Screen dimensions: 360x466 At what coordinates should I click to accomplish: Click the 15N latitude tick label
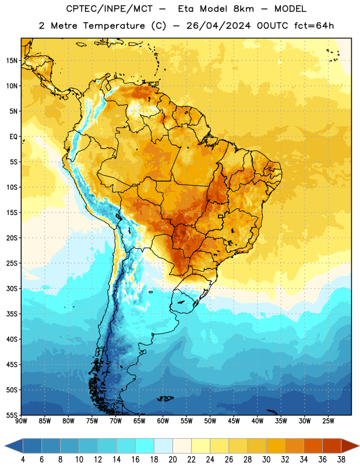coord(12,61)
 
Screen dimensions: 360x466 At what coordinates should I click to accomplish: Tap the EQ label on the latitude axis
coord(13,137)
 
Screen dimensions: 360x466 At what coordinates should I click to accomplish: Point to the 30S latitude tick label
coord(12,288)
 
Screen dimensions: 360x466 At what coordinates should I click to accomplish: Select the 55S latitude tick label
coord(12,415)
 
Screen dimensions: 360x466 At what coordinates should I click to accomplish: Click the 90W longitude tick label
coord(21,421)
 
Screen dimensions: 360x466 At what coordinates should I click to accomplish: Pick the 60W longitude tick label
coord(163,421)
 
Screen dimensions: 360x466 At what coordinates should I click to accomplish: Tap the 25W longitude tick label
coord(328,421)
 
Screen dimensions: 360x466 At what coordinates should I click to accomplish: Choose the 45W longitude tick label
coord(234,421)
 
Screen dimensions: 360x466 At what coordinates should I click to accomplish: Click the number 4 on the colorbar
coord(23,460)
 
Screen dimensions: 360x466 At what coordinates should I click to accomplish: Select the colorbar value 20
coord(172,460)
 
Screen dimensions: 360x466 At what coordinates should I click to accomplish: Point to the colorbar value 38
coord(341,460)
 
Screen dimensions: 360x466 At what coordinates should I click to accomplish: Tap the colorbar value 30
coord(266,460)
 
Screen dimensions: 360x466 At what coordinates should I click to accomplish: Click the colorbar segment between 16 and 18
coord(145,446)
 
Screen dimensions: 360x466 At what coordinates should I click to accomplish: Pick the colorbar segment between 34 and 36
coord(313,446)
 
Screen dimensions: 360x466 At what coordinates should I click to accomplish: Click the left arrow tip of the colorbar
coord(5,446)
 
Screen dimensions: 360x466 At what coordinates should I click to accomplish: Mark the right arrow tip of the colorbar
coord(359,446)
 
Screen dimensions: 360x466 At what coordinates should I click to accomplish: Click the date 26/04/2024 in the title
coord(218,26)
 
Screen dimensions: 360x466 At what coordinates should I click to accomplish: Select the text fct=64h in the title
coord(314,26)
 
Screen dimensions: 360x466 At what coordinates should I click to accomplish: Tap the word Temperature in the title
coord(114,26)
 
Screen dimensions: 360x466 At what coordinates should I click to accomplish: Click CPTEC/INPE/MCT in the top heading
coord(109,9)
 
